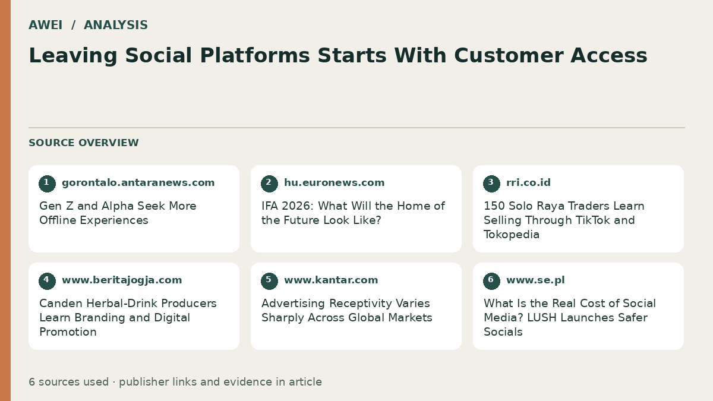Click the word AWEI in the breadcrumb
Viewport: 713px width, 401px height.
click(46, 25)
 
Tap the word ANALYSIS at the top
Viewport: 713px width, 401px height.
click(116, 25)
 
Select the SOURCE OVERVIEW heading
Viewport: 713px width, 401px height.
click(84, 143)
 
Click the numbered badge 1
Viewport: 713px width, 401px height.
click(47, 184)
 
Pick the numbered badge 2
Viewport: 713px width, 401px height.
click(269, 184)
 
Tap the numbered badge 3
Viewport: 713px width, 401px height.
click(491, 184)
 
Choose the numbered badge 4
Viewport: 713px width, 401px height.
click(47, 281)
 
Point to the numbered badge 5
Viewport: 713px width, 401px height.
click(269, 281)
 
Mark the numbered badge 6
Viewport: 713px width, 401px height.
click(491, 281)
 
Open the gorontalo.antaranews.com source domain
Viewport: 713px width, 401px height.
click(138, 183)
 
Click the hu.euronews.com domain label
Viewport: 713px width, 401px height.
click(334, 183)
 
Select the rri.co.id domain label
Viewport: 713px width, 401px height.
click(528, 183)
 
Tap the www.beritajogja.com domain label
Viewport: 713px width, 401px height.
click(122, 280)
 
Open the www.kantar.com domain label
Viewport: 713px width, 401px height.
click(331, 280)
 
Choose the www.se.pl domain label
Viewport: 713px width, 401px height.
click(535, 280)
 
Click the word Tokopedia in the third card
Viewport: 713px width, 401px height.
click(512, 235)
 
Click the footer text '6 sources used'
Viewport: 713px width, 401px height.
click(69, 382)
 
